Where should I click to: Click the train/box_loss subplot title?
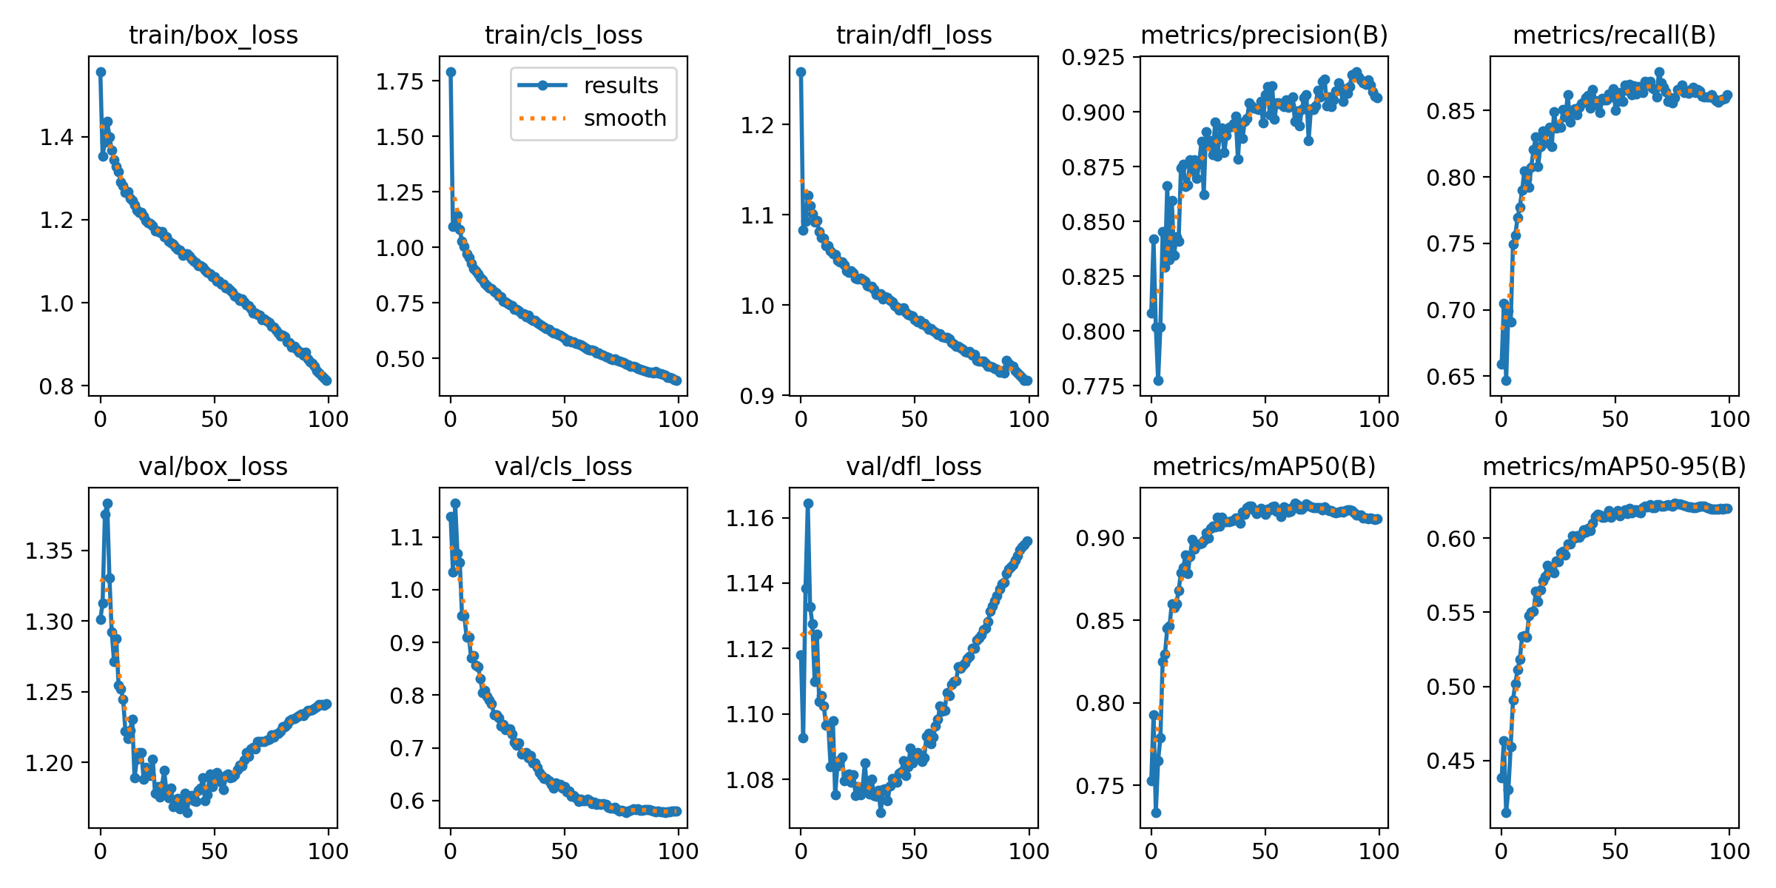pyautogui.click(x=213, y=35)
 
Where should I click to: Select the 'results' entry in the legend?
pyautogui.click(x=620, y=86)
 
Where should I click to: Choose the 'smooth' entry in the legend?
pyautogui.click(x=625, y=118)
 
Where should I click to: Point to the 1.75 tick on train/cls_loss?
pyautogui.click(x=400, y=81)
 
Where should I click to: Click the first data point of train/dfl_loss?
pyautogui.click(x=801, y=73)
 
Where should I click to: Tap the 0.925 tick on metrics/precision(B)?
pyautogui.click(x=1093, y=57)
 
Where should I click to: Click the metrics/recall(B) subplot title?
pyautogui.click(x=1614, y=35)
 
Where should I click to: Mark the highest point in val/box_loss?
pyautogui.click(x=107, y=504)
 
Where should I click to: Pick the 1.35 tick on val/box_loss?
pyautogui.click(x=49, y=551)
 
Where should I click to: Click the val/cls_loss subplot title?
pyautogui.click(x=563, y=467)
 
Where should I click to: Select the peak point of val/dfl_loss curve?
pyautogui.click(x=808, y=503)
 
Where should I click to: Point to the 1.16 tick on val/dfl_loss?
pyautogui.click(x=750, y=518)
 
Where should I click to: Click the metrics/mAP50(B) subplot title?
pyautogui.click(x=1264, y=467)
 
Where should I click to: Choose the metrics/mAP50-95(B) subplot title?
pyautogui.click(x=1614, y=467)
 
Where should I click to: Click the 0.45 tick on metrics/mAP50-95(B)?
pyautogui.click(x=1450, y=761)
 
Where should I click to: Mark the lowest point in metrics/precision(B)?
pyautogui.click(x=1158, y=380)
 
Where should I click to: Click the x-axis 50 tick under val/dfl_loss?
pyautogui.click(x=915, y=852)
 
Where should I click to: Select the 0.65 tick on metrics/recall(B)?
pyautogui.click(x=1450, y=377)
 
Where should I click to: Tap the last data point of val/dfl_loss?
pyautogui.click(x=1027, y=542)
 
